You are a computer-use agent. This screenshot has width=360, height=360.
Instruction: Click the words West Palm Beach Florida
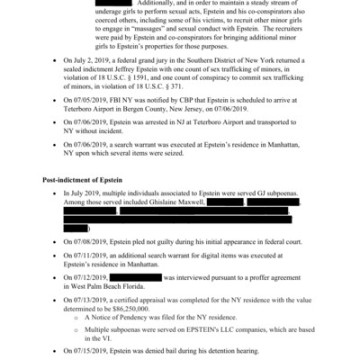click(109, 285)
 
